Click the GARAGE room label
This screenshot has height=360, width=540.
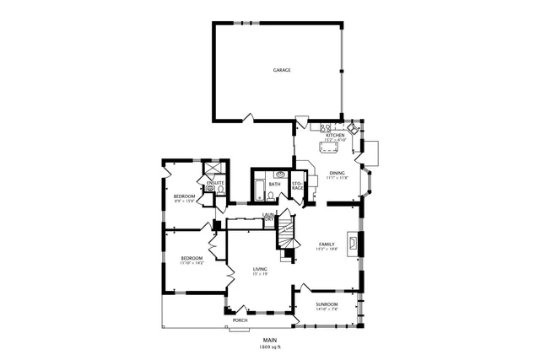(x=281, y=70)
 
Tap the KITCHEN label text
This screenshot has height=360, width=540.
(x=335, y=135)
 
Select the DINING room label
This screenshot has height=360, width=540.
(x=337, y=174)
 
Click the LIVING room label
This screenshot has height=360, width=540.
(x=260, y=269)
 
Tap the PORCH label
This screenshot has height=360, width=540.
(x=240, y=321)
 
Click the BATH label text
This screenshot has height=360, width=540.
(x=274, y=184)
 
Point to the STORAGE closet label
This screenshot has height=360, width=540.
(x=297, y=185)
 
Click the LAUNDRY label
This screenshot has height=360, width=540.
(x=268, y=218)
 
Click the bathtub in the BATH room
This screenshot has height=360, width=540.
(x=258, y=190)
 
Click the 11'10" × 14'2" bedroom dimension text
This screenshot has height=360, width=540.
(x=192, y=263)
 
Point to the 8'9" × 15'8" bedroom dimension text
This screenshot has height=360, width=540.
(x=185, y=201)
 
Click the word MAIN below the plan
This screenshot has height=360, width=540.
(x=270, y=341)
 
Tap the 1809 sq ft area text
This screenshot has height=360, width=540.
(x=270, y=347)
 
